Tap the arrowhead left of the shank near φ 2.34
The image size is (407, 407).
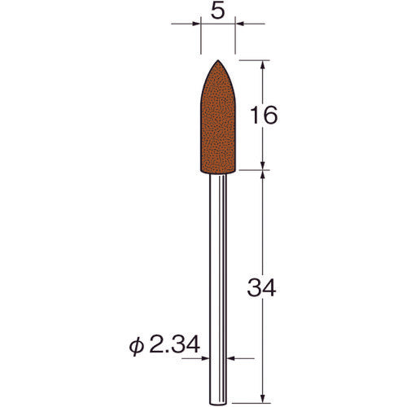click(x=208, y=356)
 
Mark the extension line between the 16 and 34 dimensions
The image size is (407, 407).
click(x=252, y=172)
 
